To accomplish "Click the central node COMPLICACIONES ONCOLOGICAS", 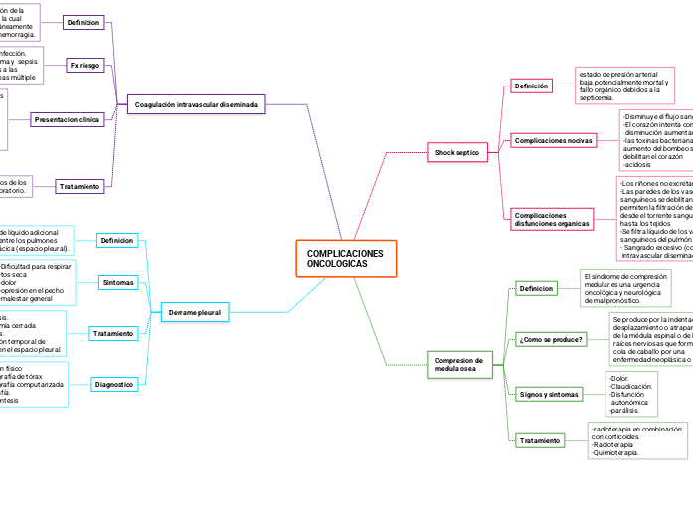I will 345,260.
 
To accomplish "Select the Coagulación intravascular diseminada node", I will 196,104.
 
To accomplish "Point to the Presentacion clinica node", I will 68,119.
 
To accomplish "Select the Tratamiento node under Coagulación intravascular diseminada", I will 79,186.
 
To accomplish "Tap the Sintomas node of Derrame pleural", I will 118,282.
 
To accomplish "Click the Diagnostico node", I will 114,384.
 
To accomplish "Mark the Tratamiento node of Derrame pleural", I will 113,333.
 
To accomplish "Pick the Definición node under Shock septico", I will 531,86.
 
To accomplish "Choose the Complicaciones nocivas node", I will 553,141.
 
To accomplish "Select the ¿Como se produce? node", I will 551,339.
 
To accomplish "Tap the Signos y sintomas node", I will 549,394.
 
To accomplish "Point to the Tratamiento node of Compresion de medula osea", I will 540,440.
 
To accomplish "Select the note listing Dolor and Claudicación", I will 633,394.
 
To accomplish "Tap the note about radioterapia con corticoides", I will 634,439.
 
